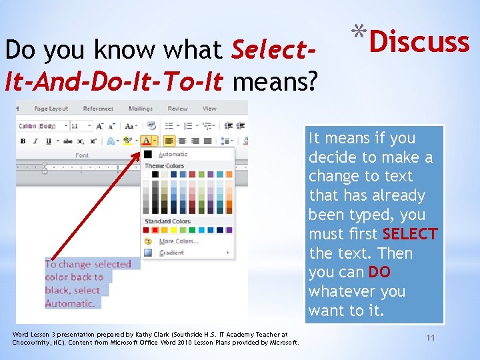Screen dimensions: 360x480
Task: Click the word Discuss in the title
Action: tap(419, 42)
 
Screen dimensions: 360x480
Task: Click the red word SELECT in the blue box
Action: tap(410, 234)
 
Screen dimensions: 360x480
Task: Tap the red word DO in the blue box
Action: tap(379, 273)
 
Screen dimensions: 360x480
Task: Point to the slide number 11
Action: tap(431, 338)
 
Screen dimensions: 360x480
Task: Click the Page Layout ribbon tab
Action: tap(51, 109)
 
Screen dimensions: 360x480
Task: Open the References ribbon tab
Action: tap(98, 109)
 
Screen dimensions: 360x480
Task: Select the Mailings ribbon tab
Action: tap(140, 109)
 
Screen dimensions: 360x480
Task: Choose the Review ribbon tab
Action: tap(177, 109)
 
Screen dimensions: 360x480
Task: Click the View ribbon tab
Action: tap(209, 109)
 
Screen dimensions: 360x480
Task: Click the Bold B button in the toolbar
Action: tap(23, 141)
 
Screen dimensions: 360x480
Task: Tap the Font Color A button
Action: tap(147, 141)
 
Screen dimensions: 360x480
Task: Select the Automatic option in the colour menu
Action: tap(173, 154)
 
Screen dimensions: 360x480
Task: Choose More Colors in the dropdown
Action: tap(178, 241)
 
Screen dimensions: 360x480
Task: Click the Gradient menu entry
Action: tap(171, 253)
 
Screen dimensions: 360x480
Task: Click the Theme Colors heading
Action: tap(164, 166)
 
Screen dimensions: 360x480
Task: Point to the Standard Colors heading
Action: tap(167, 221)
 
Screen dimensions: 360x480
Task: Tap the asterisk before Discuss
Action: tap(359, 31)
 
